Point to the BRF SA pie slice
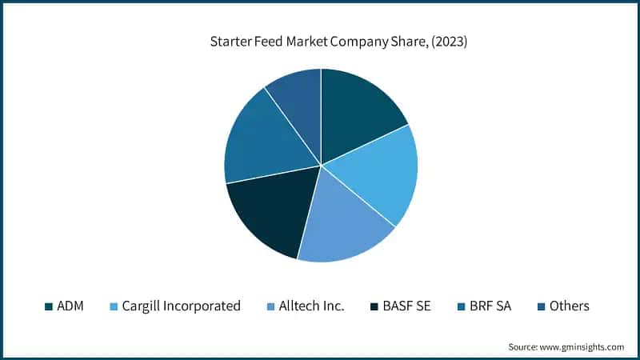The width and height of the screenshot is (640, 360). pos(260,144)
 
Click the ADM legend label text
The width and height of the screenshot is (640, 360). pos(70,306)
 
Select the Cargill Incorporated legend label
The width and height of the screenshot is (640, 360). pos(181,306)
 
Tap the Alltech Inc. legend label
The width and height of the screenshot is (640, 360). pos(311,306)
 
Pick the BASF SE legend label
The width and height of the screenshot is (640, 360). pos(407,306)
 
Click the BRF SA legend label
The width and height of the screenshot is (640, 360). pos(490,306)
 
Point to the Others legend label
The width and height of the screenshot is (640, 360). pos(569,306)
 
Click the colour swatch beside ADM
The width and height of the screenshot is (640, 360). pos(49,306)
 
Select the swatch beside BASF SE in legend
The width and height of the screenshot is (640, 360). pos(374,306)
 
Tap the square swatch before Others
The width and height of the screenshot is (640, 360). pos(541,306)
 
